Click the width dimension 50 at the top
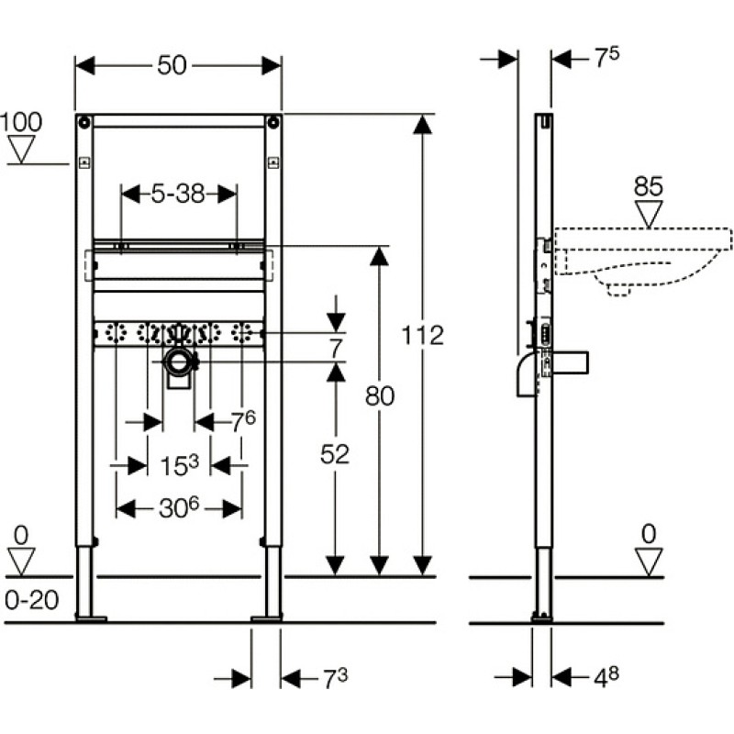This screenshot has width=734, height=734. click(x=172, y=65)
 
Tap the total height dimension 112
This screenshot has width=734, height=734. click(x=423, y=335)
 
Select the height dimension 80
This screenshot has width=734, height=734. click(x=380, y=396)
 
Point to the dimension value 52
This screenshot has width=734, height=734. click(x=335, y=454)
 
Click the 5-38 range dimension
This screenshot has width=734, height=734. click(x=178, y=194)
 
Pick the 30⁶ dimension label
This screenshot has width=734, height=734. click(x=179, y=508)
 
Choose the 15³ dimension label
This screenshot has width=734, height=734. click(x=179, y=465)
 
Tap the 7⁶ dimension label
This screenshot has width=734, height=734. click(x=243, y=421)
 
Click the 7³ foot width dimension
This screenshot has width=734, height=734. click(x=336, y=679)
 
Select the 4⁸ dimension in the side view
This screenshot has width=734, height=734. click(x=606, y=677)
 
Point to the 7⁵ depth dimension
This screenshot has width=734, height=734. click(x=606, y=57)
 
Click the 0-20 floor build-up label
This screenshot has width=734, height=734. click(x=32, y=600)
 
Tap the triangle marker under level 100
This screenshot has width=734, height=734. click(x=21, y=150)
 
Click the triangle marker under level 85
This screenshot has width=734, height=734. click(x=649, y=214)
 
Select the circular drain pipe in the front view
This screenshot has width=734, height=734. click(x=179, y=362)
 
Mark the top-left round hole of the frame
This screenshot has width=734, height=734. click(x=84, y=123)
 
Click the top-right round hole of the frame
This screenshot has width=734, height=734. click(x=272, y=123)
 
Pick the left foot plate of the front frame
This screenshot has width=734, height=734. click(x=91, y=618)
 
